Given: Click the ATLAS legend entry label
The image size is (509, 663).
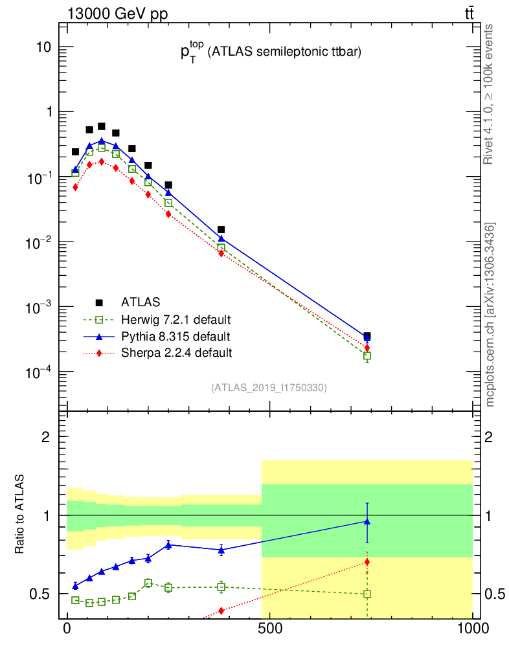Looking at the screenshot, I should (x=141, y=302).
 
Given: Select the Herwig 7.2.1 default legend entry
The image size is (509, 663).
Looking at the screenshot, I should (x=176, y=319).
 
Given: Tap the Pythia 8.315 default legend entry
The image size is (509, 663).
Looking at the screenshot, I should (x=175, y=336).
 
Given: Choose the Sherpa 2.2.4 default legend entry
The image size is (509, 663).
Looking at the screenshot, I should (x=176, y=353).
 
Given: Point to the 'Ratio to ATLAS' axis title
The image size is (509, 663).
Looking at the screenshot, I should (x=21, y=514).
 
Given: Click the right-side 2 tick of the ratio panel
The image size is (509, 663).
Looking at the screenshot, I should (x=480, y=436).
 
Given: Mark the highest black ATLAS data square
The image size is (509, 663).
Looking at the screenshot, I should (x=102, y=126).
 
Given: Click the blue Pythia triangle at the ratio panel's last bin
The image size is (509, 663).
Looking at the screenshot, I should (x=367, y=521).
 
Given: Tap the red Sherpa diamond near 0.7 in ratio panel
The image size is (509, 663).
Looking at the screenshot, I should (x=367, y=561).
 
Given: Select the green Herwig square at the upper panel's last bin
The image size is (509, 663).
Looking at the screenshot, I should (x=367, y=356).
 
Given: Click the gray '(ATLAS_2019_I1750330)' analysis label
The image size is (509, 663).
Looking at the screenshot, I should (x=269, y=388).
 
